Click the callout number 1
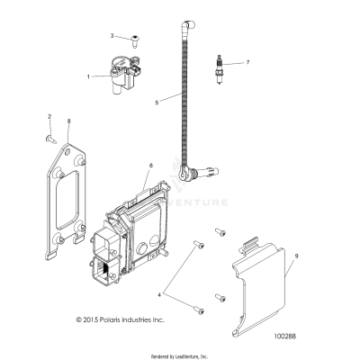pyautogui.click(x=88, y=77)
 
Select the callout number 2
pyautogui.click(x=49, y=116)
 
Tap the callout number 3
pyautogui.click(x=112, y=36)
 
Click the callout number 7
pyautogui.click(x=248, y=62)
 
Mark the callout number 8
pyautogui.click(x=69, y=121)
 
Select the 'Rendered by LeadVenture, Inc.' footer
pyautogui.click(x=180, y=353)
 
